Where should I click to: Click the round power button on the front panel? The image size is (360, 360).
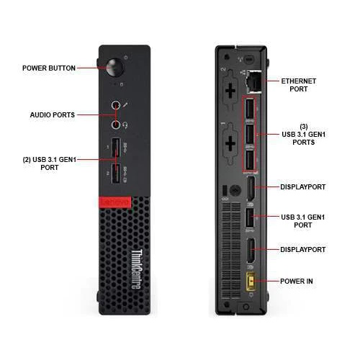pyautogui.click(x=114, y=68)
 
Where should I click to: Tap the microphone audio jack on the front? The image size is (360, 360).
pyautogui.click(x=116, y=105)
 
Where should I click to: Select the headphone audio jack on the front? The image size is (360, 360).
pyautogui.click(x=116, y=125)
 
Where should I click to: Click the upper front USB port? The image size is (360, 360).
pyautogui.click(x=116, y=147)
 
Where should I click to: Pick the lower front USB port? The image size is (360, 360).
pyautogui.click(x=116, y=174)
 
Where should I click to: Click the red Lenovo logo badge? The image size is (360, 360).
pyautogui.click(x=115, y=202)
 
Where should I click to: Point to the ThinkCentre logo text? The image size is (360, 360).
pyautogui.click(x=136, y=269)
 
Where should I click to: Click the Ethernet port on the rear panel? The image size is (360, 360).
pyautogui.click(x=253, y=81)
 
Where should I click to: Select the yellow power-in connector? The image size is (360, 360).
pyautogui.click(x=251, y=282)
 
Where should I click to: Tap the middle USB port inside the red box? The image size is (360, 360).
pyautogui.click(x=250, y=134)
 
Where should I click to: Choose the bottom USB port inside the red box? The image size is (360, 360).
pyautogui.click(x=250, y=160)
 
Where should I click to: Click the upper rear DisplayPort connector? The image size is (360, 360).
pyautogui.click(x=251, y=189)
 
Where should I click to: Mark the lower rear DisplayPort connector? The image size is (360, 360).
pyautogui.click(x=251, y=251)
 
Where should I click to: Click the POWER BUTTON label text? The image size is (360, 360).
pyautogui.click(x=49, y=68)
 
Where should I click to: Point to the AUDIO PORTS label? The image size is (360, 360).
pyautogui.click(x=53, y=115)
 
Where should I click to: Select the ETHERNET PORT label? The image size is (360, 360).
pyautogui.click(x=299, y=85)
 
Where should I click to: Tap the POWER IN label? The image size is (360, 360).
pyautogui.click(x=297, y=282)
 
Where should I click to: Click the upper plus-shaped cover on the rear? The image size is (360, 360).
pyautogui.click(x=230, y=91)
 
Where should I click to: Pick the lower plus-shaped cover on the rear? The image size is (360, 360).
pyautogui.click(x=230, y=143)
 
